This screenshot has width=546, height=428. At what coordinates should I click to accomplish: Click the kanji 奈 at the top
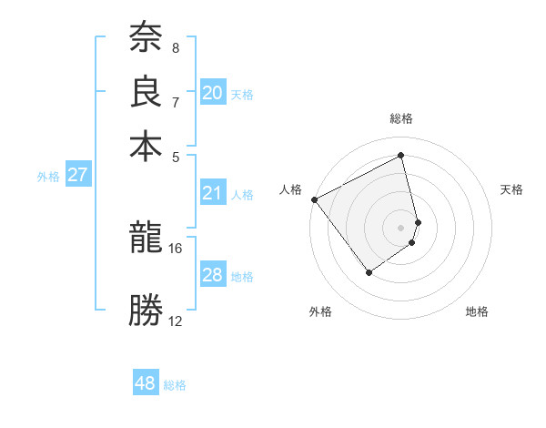click(146, 38)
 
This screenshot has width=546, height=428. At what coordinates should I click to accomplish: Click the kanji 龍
click(146, 239)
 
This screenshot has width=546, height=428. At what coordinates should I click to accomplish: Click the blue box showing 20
click(213, 93)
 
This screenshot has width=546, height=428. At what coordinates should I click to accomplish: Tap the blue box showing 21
click(213, 193)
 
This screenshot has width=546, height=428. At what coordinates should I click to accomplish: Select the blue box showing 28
click(213, 276)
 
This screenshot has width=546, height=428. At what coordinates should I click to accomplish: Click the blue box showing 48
click(146, 383)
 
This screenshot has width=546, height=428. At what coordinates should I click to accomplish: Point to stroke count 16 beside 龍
click(176, 248)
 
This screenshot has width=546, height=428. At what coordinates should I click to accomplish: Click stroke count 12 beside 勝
click(176, 321)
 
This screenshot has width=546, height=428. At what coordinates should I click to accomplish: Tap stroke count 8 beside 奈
click(175, 47)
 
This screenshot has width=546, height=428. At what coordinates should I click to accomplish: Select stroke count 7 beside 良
click(175, 102)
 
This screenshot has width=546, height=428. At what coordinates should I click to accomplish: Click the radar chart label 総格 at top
click(401, 118)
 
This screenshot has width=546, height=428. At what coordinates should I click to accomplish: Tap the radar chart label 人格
click(291, 189)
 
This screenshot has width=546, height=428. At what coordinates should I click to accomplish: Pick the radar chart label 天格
click(511, 189)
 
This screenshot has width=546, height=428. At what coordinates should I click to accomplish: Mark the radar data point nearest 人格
click(314, 199)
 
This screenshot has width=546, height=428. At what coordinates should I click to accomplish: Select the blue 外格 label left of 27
click(48, 177)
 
